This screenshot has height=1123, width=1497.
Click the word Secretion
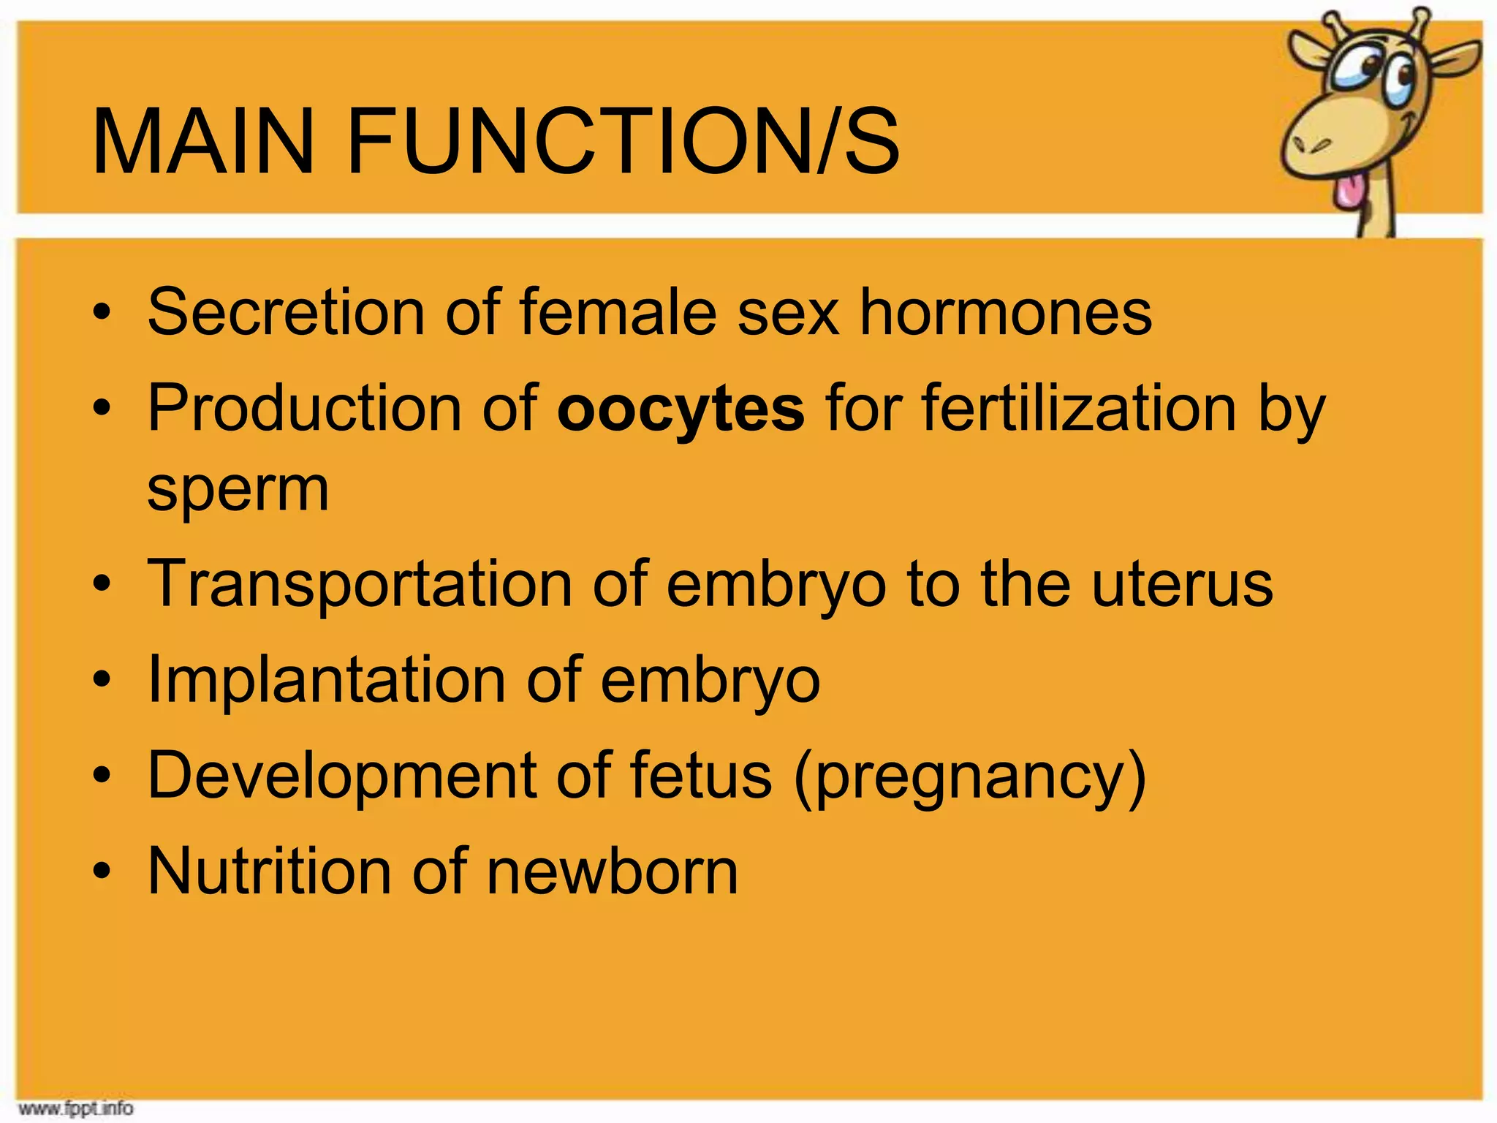(x=286, y=312)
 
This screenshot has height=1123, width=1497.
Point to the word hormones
(x=1005, y=312)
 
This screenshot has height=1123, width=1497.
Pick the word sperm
(x=238, y=490)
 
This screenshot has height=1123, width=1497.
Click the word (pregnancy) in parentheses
(x=970, y=776)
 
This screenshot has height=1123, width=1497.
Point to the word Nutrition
(x=270, y=871)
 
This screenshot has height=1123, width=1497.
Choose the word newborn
(x=612, y=871)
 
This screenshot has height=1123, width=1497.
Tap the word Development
(x=341, y=776)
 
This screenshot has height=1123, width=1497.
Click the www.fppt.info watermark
(x=75, y=1108)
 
